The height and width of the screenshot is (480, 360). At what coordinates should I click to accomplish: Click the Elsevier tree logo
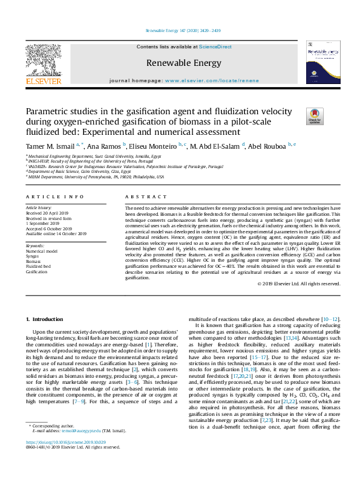click(43, 60)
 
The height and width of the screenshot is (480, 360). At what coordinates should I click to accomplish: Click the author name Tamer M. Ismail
click(50, 146)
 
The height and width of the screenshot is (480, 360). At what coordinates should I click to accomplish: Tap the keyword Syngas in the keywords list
click(33, 256)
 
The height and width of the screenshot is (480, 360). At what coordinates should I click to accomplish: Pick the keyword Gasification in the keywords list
click(36, 272)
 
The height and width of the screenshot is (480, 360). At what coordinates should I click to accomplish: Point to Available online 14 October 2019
click(56, 233)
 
